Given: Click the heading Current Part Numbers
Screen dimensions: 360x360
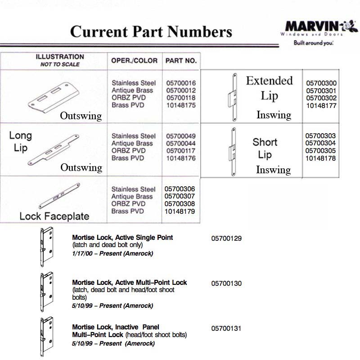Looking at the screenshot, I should click(x=151, y=31).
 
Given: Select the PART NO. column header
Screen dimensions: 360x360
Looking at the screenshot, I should click(x=181, y=60).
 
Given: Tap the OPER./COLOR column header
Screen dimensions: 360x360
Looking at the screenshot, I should click(x=134, y=60).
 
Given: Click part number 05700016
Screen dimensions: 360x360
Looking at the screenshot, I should click(x=180, y=83).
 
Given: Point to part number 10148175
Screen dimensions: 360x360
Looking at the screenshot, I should click(x=180, y=105).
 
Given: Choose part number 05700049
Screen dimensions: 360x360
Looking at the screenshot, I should click(x=180, y=136).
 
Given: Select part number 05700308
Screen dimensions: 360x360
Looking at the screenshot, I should click(x=180, y=204).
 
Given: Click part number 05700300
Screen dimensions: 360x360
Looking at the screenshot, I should click(x=321, y=83).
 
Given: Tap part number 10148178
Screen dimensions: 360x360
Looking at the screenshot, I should click(x=320, y=158).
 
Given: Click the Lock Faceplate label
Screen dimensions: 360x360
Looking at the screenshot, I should click(x=54, y=216).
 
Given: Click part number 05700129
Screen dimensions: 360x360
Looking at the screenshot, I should click(x=226, y=238).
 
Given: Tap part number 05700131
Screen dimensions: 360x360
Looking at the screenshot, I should click(x=226, y=328).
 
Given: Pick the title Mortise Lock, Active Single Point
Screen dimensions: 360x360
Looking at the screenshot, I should click(x=122, y=237).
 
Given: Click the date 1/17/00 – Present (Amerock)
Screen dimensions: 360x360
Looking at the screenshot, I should click(x=112, y=253).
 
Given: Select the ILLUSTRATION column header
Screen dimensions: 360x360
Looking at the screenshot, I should click(x=60, y=57).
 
